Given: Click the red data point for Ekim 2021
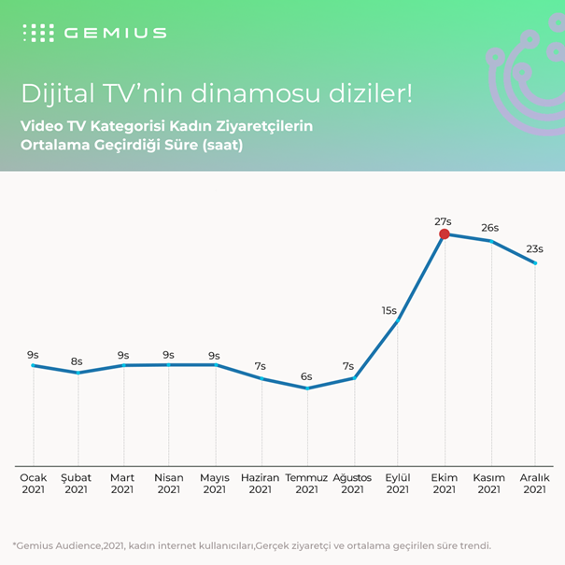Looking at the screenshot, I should tap(445, 234).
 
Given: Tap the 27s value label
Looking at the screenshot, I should tap(444, 221).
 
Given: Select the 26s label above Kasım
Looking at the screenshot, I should tap(489, 228).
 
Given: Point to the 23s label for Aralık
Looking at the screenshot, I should tap(535, 249).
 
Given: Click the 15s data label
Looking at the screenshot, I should tap(389, 310).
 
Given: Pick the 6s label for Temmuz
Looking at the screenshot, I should tap(305, 376).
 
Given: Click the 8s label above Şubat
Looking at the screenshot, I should tap(77, 361).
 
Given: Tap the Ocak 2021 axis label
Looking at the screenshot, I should tap(33, 484).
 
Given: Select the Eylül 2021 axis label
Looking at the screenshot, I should tap(398, 484).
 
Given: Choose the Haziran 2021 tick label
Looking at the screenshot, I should tap(261, 484).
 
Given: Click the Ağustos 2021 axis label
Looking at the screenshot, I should tap(352, 484).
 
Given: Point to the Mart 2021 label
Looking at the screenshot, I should tap(122, 484).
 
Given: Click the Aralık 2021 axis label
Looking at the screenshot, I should tap(535, 484).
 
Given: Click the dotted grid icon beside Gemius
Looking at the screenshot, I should tap(38, 33).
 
